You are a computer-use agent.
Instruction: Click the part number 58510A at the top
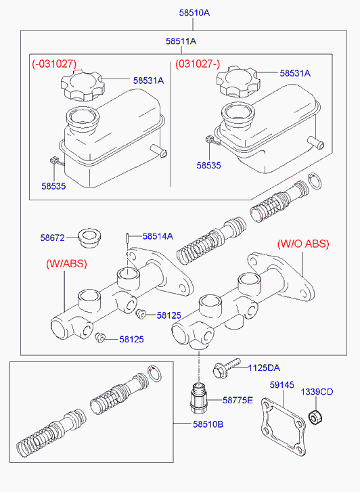click(x=194, y=13)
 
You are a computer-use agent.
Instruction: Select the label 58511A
click(x=181, y=41)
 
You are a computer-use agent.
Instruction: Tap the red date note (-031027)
click(x=54, y=64)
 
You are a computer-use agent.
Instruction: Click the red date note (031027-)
click(x=198, y=64)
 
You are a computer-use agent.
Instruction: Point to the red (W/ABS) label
click(x=66, y=263)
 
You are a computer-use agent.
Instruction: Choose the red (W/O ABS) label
click(x=303, y=244)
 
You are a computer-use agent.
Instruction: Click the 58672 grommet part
click(x=89, y=238)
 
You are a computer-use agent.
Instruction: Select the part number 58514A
click(x=158, y=236)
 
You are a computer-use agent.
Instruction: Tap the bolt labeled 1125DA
click(x=226, y=367)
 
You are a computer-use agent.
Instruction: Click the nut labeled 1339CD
click(x=315, y=417)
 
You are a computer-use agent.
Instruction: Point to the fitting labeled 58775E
click(x=199, y=398)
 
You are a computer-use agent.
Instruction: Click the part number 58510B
click(x=208, y=424)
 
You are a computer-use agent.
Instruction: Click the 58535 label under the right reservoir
click(x=208, y=165)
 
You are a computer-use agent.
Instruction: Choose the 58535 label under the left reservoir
click(x=53, y=186)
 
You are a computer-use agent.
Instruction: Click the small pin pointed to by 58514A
click(x=127, y=238)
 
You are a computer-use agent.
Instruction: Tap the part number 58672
click(x=52, y=238)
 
